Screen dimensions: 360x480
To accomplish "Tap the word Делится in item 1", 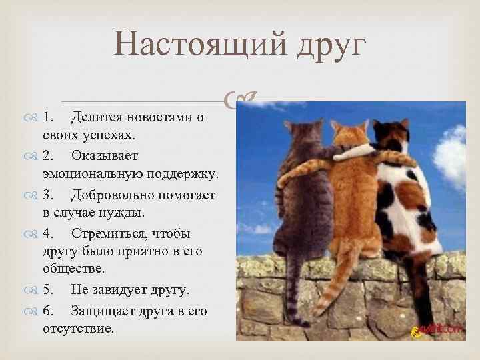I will click(x=99, y=117).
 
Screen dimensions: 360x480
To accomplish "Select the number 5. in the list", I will click(x=50, y=291).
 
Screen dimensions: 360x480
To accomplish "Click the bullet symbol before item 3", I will click(x=33, y=195).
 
